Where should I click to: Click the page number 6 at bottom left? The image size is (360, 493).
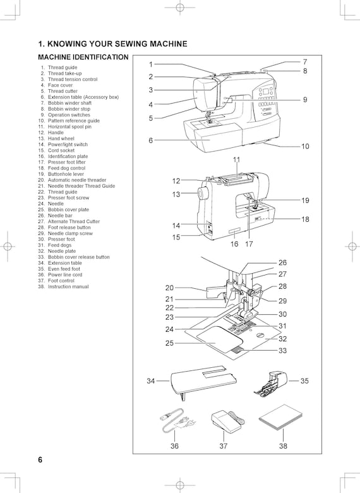(x=40, y=460)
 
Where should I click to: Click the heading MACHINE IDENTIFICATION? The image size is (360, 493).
(x=83, y=58)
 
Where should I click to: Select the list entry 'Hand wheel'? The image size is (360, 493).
(x=61, y=138)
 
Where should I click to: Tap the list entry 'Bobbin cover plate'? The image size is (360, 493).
(x=68, y=209)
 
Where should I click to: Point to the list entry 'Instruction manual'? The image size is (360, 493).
(x=68, y=286)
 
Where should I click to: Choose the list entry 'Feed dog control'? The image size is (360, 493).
(x=66, y=168)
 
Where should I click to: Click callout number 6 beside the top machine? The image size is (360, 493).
(x=151, y=140)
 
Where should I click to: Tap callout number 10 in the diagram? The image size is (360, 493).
(x=305, y=146)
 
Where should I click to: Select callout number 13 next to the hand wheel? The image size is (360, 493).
(x=176, y=194)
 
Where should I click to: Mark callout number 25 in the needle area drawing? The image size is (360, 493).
(x=169, y=343)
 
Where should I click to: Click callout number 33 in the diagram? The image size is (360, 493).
(x=283, y=350)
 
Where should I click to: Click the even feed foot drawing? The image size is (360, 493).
(x=270, y=382)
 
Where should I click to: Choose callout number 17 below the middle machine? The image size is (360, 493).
(x=249, y=244)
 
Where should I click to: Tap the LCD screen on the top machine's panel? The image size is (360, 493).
(x=267, y=92)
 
